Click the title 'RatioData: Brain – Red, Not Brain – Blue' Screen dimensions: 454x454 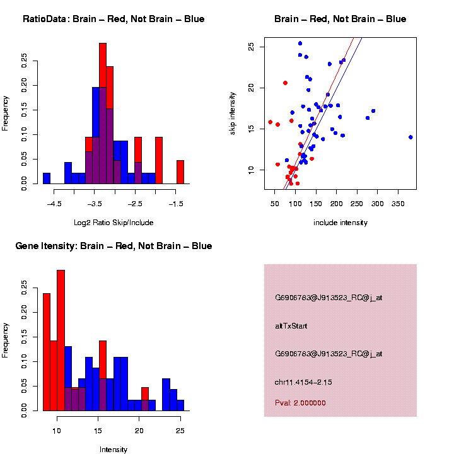[x=113, y=19]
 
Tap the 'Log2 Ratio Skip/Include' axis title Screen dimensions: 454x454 [x=113, y=223]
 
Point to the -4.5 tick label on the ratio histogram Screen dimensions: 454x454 [x=55, y=204]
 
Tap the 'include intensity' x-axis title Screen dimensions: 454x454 [x=340, y=223]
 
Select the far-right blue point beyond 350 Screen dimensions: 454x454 [x=410, y=137]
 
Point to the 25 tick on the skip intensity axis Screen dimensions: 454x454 [x=251, y=47]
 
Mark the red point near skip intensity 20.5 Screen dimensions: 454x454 [x=285, y=83]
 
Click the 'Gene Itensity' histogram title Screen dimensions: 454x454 [x=113, y=246]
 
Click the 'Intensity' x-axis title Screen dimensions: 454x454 [x=113, y=450]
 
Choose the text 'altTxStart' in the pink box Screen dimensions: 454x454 [x=291, y=326]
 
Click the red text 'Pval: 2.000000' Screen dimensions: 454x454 [x=300, y=403]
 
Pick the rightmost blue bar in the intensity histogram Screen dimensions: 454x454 [x=180, y=405]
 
